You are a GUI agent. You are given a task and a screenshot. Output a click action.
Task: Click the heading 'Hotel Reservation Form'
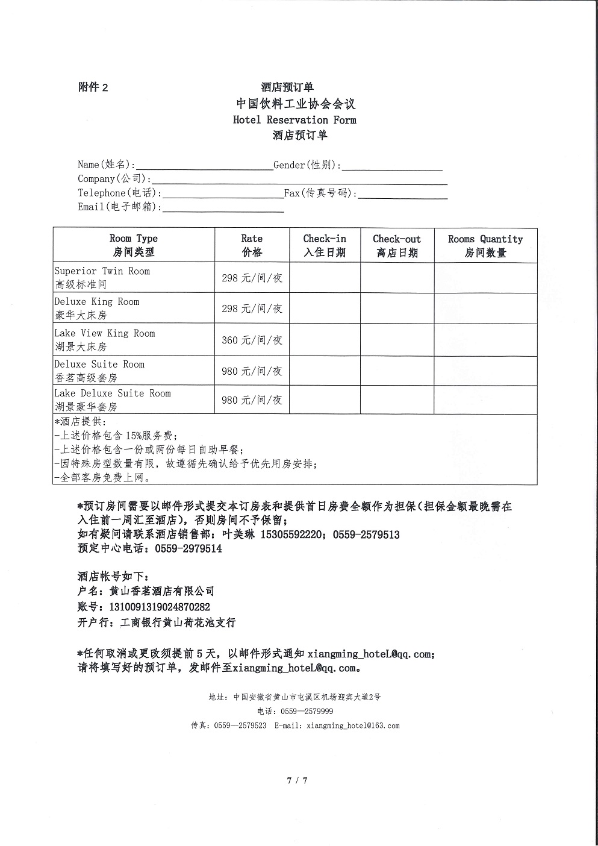[294, 120]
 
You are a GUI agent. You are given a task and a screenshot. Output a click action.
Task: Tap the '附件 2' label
[93, 87]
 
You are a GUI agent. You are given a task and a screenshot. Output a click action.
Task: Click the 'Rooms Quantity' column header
[485, 245]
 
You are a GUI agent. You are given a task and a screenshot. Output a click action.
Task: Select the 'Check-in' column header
[325, 245]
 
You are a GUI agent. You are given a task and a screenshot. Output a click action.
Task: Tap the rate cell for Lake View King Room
[252, 340]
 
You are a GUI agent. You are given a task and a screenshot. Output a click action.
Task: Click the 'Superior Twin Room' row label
[102, 271]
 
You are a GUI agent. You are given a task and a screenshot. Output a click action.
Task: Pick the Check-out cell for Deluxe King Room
[397, 309]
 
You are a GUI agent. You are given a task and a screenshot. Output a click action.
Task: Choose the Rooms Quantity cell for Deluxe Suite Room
[485, 371]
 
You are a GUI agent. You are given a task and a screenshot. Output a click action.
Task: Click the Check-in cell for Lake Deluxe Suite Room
[325, 400]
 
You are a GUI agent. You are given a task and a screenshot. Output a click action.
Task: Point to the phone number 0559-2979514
[188, 549]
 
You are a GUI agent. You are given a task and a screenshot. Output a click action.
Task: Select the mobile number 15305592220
[291, 535]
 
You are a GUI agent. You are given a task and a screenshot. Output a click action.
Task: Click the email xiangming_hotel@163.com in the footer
[353, 725]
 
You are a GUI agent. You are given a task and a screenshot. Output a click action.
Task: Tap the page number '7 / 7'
[297, 781]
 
